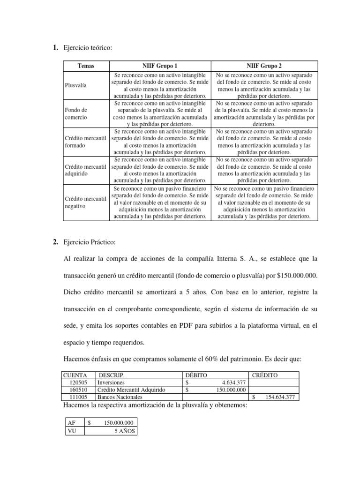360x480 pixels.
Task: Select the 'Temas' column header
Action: (86, 66)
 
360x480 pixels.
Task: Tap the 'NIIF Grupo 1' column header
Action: (160, 66)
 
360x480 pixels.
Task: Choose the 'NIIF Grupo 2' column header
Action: (264, 66)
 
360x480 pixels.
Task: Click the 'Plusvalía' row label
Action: (75, 86)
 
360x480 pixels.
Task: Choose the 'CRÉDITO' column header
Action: (265, 375)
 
